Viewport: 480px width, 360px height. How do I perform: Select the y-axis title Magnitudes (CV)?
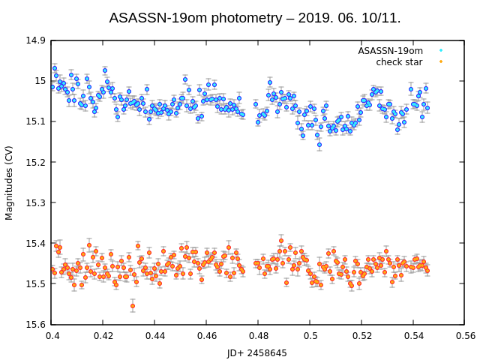coord(10,182)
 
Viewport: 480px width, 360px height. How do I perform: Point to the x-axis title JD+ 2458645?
coord(257,352)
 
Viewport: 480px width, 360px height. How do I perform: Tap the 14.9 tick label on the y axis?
coord(34,40)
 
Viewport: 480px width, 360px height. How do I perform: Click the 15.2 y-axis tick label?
coord(34,162)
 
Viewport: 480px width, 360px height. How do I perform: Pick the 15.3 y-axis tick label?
coord(34,202)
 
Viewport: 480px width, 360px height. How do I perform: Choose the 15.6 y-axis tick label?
coord(34,325)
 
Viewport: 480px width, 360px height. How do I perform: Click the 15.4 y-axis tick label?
coord(34,243)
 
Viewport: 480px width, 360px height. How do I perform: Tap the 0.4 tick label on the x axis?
coord(52,337)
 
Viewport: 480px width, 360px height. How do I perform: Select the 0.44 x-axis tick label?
coord(155,337)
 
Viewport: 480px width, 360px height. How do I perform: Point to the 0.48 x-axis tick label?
coord(259,337)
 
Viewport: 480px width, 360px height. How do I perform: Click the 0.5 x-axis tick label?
coord(310,337)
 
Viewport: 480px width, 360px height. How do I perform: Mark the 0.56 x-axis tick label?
coord(465,337)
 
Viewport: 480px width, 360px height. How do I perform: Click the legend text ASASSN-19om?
coord(390,51)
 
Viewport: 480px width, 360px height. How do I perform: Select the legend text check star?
coord(399,62)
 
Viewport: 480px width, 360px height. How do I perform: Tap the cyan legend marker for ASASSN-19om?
coord(441,51)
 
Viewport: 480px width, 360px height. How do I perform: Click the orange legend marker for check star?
coord(441,62)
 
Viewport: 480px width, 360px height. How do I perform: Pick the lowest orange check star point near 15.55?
coord(133,306)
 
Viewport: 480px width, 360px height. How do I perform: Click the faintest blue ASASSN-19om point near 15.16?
coord(319,145)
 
